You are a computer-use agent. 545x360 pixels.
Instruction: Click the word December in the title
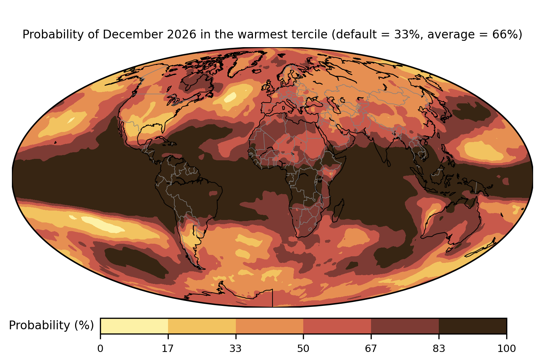point(133,34)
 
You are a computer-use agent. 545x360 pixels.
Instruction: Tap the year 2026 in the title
point(182,34)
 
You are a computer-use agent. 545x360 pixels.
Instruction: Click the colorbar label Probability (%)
point(51,325)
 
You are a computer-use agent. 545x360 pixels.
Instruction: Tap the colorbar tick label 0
point(100,348)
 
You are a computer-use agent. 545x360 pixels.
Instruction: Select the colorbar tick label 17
point(168,348)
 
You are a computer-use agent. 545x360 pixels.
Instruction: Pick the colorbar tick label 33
point(235,348)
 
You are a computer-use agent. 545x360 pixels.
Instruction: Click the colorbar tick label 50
point(303,348)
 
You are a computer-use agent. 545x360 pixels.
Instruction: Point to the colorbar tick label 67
point(371,348)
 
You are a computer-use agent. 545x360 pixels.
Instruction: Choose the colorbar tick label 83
point(439,348)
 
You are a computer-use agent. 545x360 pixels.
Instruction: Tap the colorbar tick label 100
point(507,348)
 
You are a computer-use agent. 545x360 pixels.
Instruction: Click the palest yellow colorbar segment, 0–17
point(134,326)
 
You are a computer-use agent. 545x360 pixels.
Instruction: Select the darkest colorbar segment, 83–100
point(473,326)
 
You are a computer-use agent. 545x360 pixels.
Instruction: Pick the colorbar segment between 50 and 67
point(337,326)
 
